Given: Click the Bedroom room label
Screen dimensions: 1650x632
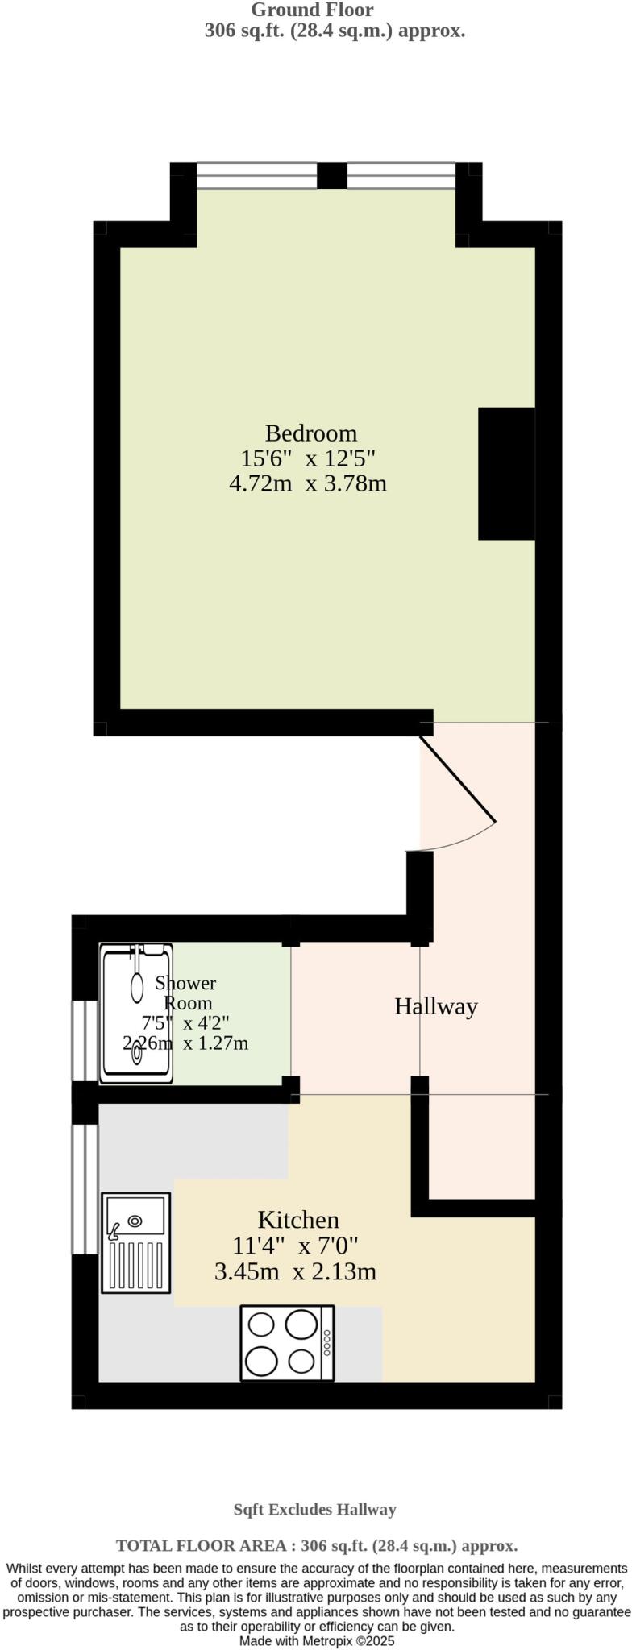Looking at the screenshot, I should (x=310, y=433).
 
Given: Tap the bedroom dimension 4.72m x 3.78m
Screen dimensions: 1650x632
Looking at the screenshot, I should (x=308, y=484).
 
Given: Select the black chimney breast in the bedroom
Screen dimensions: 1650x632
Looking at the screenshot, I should (x=506, y=474).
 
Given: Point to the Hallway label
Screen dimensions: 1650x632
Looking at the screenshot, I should (x=435, y=1006).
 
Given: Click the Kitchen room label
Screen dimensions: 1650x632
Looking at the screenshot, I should (x=298, y=1220).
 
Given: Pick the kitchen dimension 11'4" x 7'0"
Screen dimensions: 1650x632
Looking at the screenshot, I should (x=295, y=1246).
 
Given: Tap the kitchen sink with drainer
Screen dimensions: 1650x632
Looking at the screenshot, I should (x=136, y=1242).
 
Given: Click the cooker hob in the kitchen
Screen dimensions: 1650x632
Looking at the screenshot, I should (x=287, y=1343).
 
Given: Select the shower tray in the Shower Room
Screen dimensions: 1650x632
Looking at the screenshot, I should (x=136, y=1014).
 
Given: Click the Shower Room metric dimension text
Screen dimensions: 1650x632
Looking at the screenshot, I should (x=185, y=1044).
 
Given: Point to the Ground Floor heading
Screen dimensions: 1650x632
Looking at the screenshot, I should (x=312, y=10).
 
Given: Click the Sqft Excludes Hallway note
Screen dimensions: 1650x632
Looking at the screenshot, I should (x=314, y=1510).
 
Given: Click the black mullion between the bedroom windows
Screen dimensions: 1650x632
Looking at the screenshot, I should (x=331, y=176).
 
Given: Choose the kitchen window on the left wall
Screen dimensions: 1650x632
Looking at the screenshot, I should (x=85, y=1189).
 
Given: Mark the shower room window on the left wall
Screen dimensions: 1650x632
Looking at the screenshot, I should (x=85, y=1040).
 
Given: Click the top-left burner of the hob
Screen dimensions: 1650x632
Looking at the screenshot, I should (x=262, y=1325).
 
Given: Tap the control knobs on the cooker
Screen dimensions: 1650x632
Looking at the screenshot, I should (x=326, y=1342).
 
